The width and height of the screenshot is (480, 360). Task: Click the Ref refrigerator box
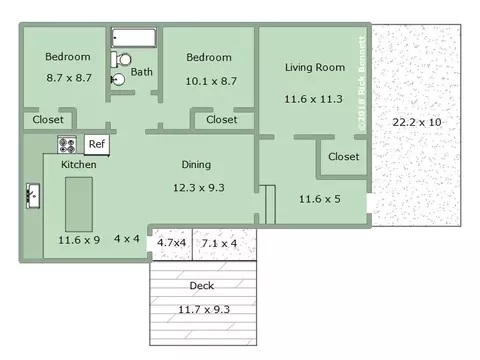[x=97, y=144]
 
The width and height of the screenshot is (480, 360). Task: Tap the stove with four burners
[x=67, y=145]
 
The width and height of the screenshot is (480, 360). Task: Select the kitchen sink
[x=33, y=196]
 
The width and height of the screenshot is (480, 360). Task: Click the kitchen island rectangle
[x=79, y=204]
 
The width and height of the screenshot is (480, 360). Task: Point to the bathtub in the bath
[x=134, y=38]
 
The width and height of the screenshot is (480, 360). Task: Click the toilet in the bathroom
[x=121, y=60]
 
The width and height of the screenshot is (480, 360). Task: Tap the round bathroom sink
[x=118, y=80]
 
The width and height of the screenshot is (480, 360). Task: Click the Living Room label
[x=315, y=68]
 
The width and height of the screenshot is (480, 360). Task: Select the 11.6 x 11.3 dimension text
[x=313, y=99]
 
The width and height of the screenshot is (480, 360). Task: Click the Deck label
[x=202, y=286]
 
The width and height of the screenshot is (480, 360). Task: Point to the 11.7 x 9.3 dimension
[x=204, y=310]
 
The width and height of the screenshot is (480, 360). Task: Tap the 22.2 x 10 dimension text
[x=417, y=122]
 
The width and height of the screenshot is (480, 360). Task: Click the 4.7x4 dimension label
[x=171, y=243]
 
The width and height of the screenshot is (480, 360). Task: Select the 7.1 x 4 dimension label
[x=219, y=243]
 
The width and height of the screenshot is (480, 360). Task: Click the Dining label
[x=196, y=165]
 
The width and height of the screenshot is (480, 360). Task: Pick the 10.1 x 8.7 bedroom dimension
[x=211, y=81]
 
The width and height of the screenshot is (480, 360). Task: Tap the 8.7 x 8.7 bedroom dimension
[x=69, y=78]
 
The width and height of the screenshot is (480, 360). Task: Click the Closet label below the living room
[x=344, y=157]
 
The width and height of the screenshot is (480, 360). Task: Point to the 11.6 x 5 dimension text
[x=320, y=199]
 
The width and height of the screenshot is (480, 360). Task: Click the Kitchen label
[x=79, y=165]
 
